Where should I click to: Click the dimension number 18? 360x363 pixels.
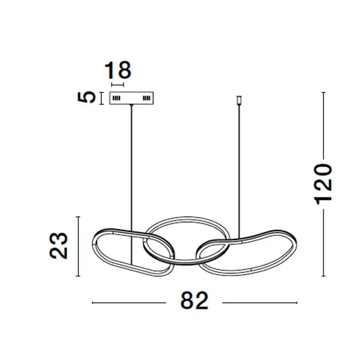[118, 70]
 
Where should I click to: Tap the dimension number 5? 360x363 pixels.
[86, 97]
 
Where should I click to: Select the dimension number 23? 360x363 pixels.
[58, 245]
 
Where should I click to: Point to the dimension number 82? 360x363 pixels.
[194, 300]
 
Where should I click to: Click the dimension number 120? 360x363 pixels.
[323, 184]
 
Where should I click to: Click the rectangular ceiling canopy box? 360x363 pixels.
[131, 98]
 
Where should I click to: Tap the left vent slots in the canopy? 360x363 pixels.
[117, 98]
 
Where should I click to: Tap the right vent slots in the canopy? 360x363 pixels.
[146, 98]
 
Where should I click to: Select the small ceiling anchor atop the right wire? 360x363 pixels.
[239, 100]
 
